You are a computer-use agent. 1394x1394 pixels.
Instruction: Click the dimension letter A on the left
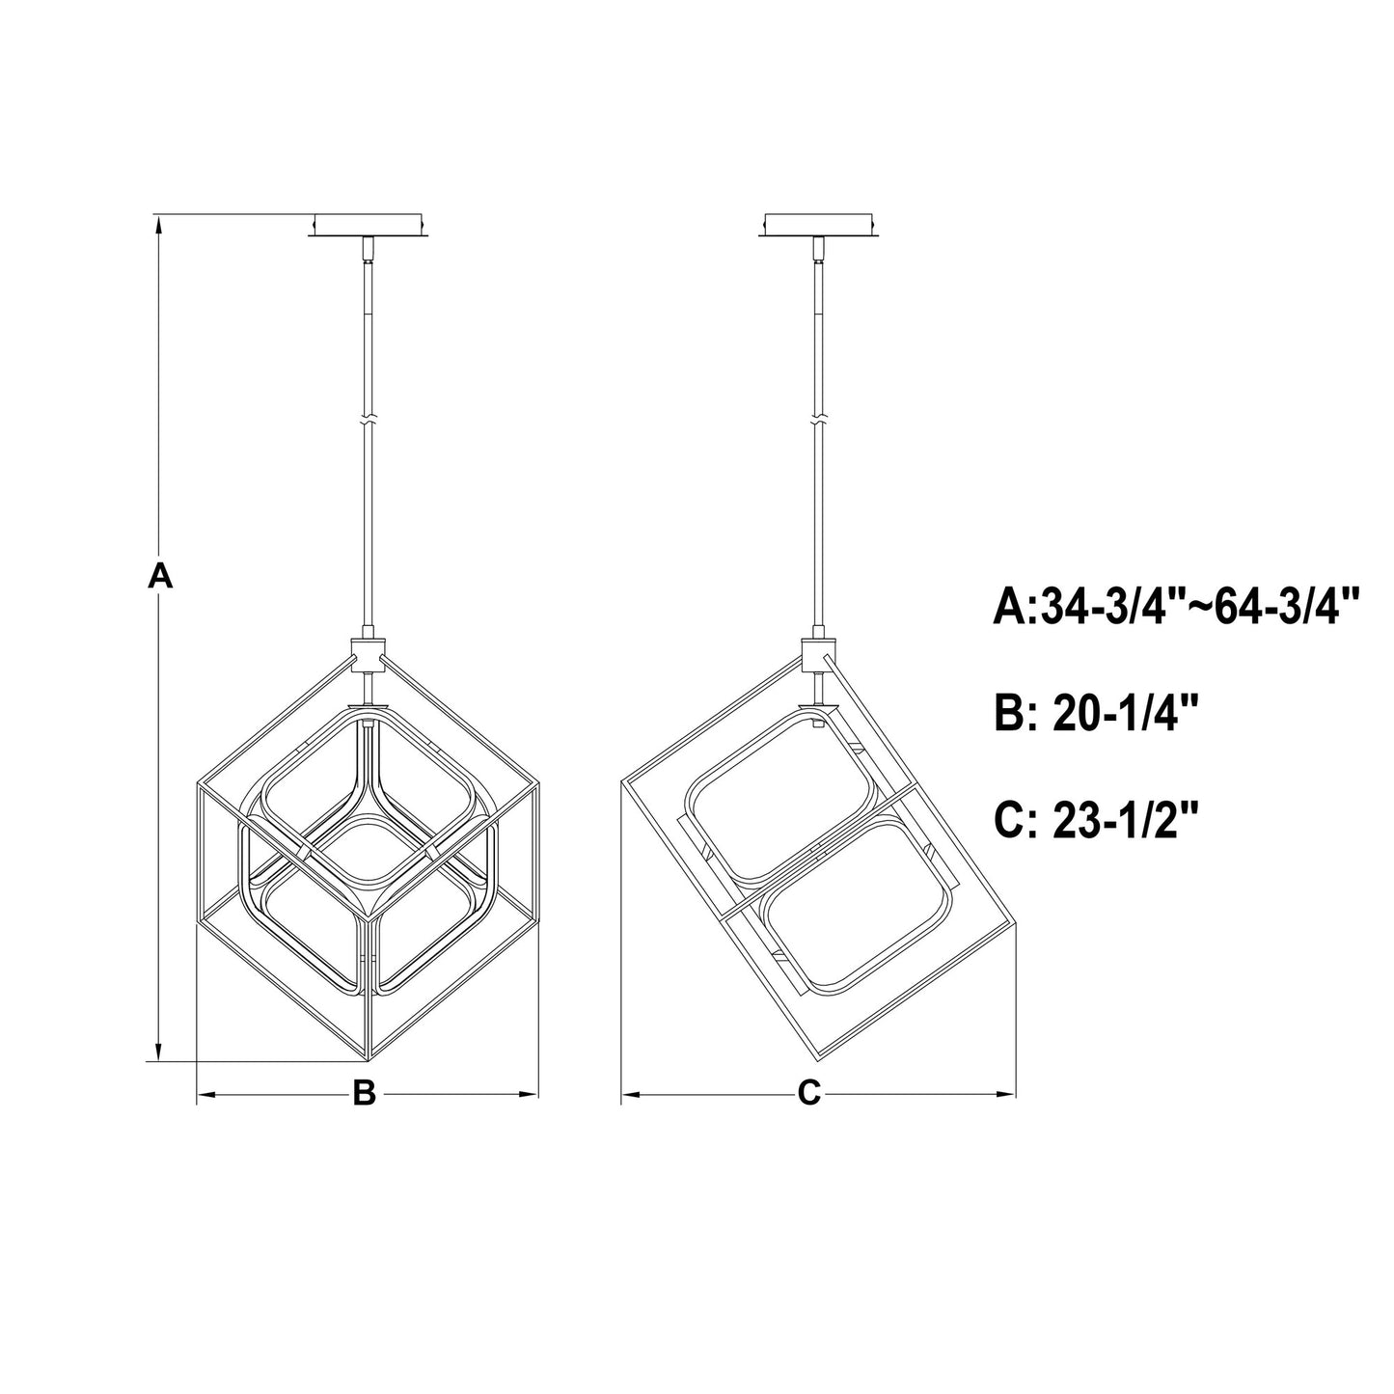click(160, 577)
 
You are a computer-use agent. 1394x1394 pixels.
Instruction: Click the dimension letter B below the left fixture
click(363, 1093)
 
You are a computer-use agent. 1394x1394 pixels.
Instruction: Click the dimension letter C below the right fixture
click(809, 1093)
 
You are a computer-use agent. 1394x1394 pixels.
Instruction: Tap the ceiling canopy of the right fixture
click(819, 224)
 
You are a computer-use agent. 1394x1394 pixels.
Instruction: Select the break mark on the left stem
click(368, 422)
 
